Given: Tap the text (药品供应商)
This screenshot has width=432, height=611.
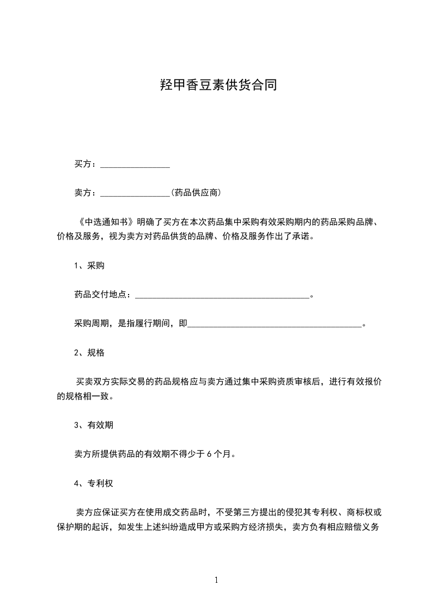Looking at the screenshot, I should (x=196, y=193).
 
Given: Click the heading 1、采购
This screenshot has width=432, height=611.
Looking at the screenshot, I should (x=89, y=266).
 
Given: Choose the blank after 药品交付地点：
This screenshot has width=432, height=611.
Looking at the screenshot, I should (x=221, y=296).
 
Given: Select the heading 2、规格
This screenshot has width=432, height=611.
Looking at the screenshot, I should (x=89, y=353).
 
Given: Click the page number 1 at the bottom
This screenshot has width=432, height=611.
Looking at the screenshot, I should (x=216, y=580).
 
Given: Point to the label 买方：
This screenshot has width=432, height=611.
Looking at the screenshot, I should (x=87, y=164).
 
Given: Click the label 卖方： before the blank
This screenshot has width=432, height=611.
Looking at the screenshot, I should (x=87, y=193).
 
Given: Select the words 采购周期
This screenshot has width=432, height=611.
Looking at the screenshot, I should (x=91, y=324).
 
